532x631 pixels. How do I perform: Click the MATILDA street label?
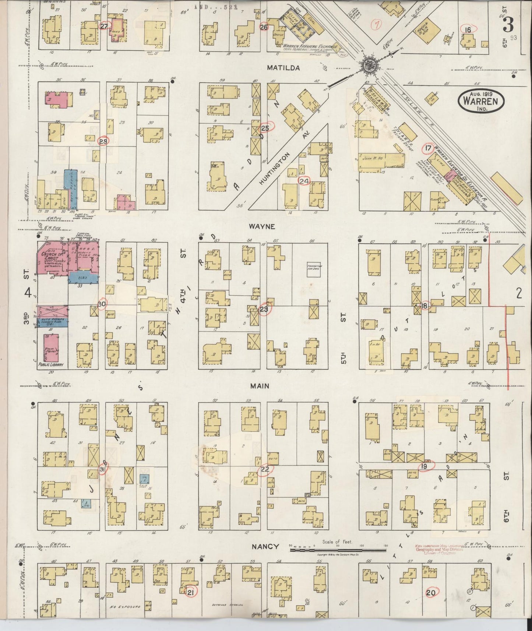(283, 68)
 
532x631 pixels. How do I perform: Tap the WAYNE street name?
(262, 226)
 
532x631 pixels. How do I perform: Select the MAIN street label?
(260, 386)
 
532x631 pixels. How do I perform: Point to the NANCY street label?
(265, 547)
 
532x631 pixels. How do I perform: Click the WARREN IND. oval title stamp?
(480, 101)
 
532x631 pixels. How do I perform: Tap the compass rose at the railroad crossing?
(368, 66)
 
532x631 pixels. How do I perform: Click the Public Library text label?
(51, 365)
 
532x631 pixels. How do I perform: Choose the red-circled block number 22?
(265, 469)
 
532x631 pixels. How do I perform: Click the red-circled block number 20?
(431, 593)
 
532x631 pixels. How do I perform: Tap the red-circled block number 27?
(104, 26)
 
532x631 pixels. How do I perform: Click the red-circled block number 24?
(304, 181)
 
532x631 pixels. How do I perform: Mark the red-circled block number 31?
(103, 469)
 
